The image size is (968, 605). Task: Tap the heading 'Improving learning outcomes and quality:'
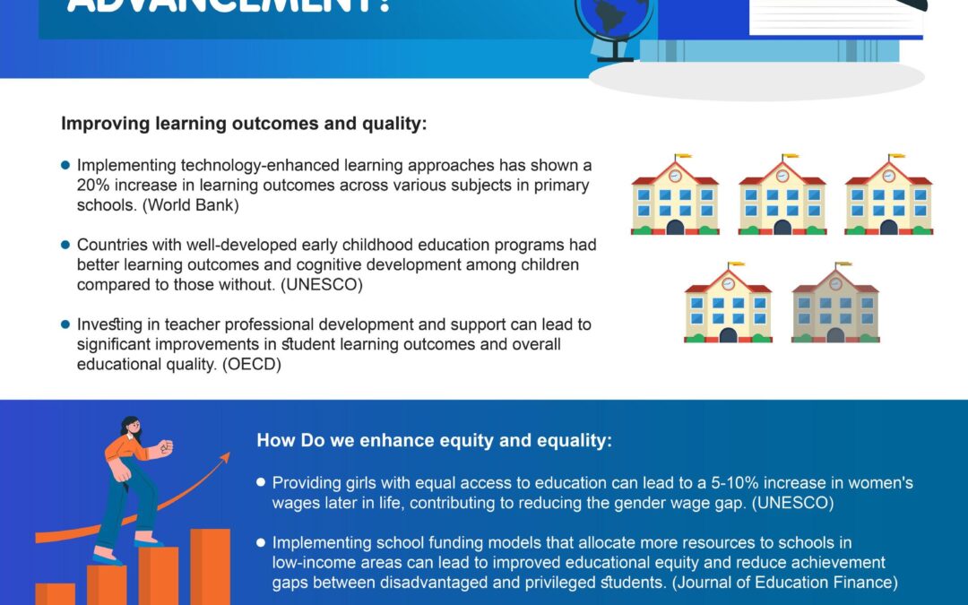[x=244, y=124]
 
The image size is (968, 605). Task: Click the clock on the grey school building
[x=834, y=284]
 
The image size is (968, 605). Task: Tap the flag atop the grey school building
[x=843, y=265]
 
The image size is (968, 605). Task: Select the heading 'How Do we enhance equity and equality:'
[x=435, y=440]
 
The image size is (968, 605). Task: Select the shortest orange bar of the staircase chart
[x=55, y=593]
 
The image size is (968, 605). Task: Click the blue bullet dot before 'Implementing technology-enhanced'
[x=65, y=165]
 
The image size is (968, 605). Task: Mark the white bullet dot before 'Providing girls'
[x=261, y=482]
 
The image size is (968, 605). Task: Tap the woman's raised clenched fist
[x=165, y=447]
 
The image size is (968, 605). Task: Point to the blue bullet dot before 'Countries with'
[x=65, y=244]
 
